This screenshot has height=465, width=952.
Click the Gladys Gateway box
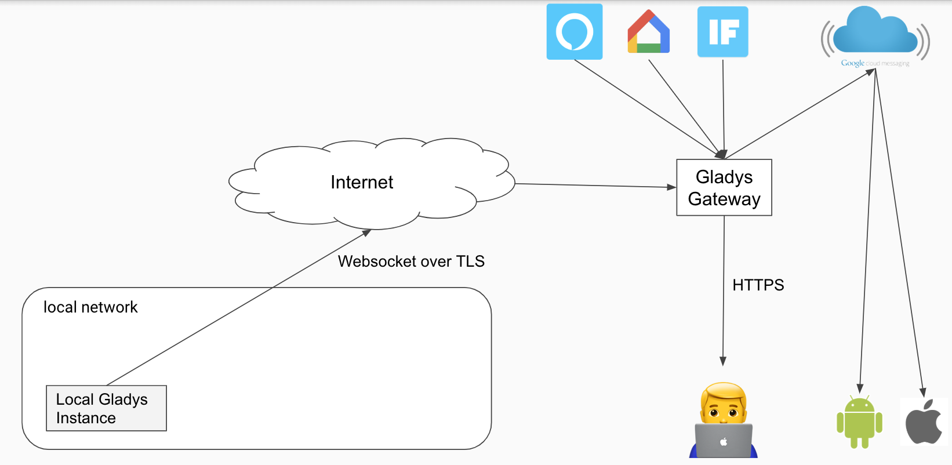[x=724, y=187]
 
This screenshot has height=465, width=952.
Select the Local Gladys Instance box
[x=106, y=408]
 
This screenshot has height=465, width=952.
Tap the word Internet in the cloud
[x=362, y=183]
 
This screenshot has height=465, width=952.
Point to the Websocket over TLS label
[x=411, y=261]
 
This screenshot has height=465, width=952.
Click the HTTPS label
[x=758, y=285]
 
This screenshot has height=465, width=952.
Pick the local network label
[x=90, y=307]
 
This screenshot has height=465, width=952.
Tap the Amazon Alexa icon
[x=575, y=32]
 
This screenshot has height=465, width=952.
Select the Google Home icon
[x=649, y=32]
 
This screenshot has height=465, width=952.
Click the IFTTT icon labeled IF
[x=723, y=32]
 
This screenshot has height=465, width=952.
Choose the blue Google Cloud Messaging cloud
[x=875, y=32]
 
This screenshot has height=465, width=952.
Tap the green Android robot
[x=859, y=422]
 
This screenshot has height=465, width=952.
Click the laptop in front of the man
[x=724, y=441]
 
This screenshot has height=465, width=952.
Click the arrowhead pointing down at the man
[x=723, y=361]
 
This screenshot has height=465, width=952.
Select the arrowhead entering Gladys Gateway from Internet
[x=671, y=187]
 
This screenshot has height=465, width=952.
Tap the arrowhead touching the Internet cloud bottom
[x=366, y=233]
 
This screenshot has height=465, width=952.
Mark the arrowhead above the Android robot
[x=860, y=388]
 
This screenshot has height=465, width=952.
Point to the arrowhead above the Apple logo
[x=923, y=393]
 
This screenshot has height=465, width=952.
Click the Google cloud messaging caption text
[x=875, y=63]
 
